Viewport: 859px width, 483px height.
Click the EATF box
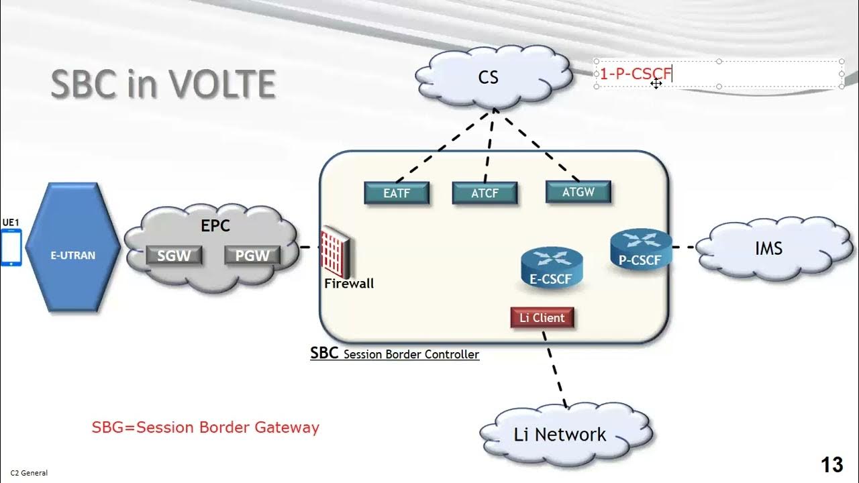pyautogui.click(x=396, y=193)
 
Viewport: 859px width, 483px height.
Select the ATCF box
pyautogui.click(x=485, y=193)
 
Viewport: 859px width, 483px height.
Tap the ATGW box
pyautogui.click(x=578, y=192)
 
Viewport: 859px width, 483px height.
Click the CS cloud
pyautogui.click(x=489, y=78)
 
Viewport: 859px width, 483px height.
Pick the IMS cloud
pyautogui.click(x=768, y=249)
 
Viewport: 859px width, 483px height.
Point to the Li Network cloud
pyautogui.click(x=560, y=435)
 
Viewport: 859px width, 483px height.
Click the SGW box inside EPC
pyautogui.click(x=174, y=256)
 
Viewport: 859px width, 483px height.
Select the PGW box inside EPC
pyautogui.click(x=252, y=256)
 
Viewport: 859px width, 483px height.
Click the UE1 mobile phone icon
pyautogui.click(x=11, y=248)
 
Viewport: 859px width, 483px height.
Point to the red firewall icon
pyautogui.click(x=335, y=253)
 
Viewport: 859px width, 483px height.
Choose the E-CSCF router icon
pyautogui.click(x=552, y=266)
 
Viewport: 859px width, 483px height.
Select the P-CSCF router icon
pyautogui.click(x=640, y=249)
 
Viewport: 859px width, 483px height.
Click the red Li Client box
pyautogui.click(x=542, y=318)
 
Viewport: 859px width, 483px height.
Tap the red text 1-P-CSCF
pyautogui.click(x=634, y=74)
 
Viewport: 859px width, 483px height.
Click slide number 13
pyautogui.click(x=831, y=464)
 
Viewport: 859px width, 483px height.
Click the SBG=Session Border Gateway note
pyautogui.click(x=205, y=427)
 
